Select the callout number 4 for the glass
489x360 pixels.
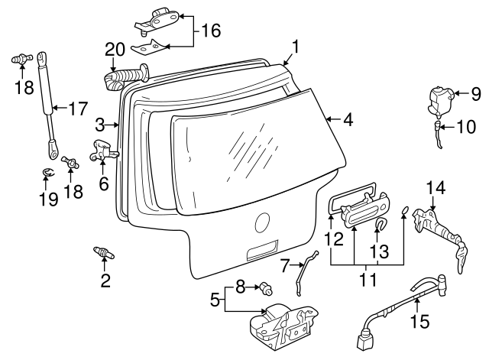(348, 119)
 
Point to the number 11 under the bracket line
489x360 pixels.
(368, 280)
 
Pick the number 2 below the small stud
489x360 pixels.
(105, 280)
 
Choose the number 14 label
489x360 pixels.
(434, 187)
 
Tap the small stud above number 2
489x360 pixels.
(102, 252)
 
